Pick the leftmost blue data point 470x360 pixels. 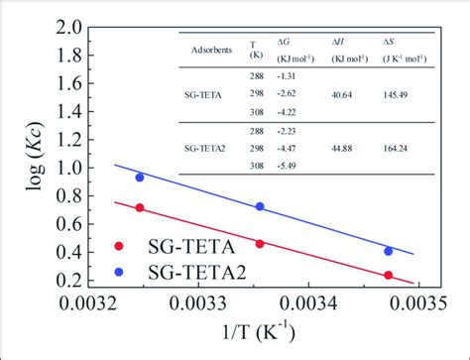click(140, 178)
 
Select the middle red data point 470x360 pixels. click(260, 244)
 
